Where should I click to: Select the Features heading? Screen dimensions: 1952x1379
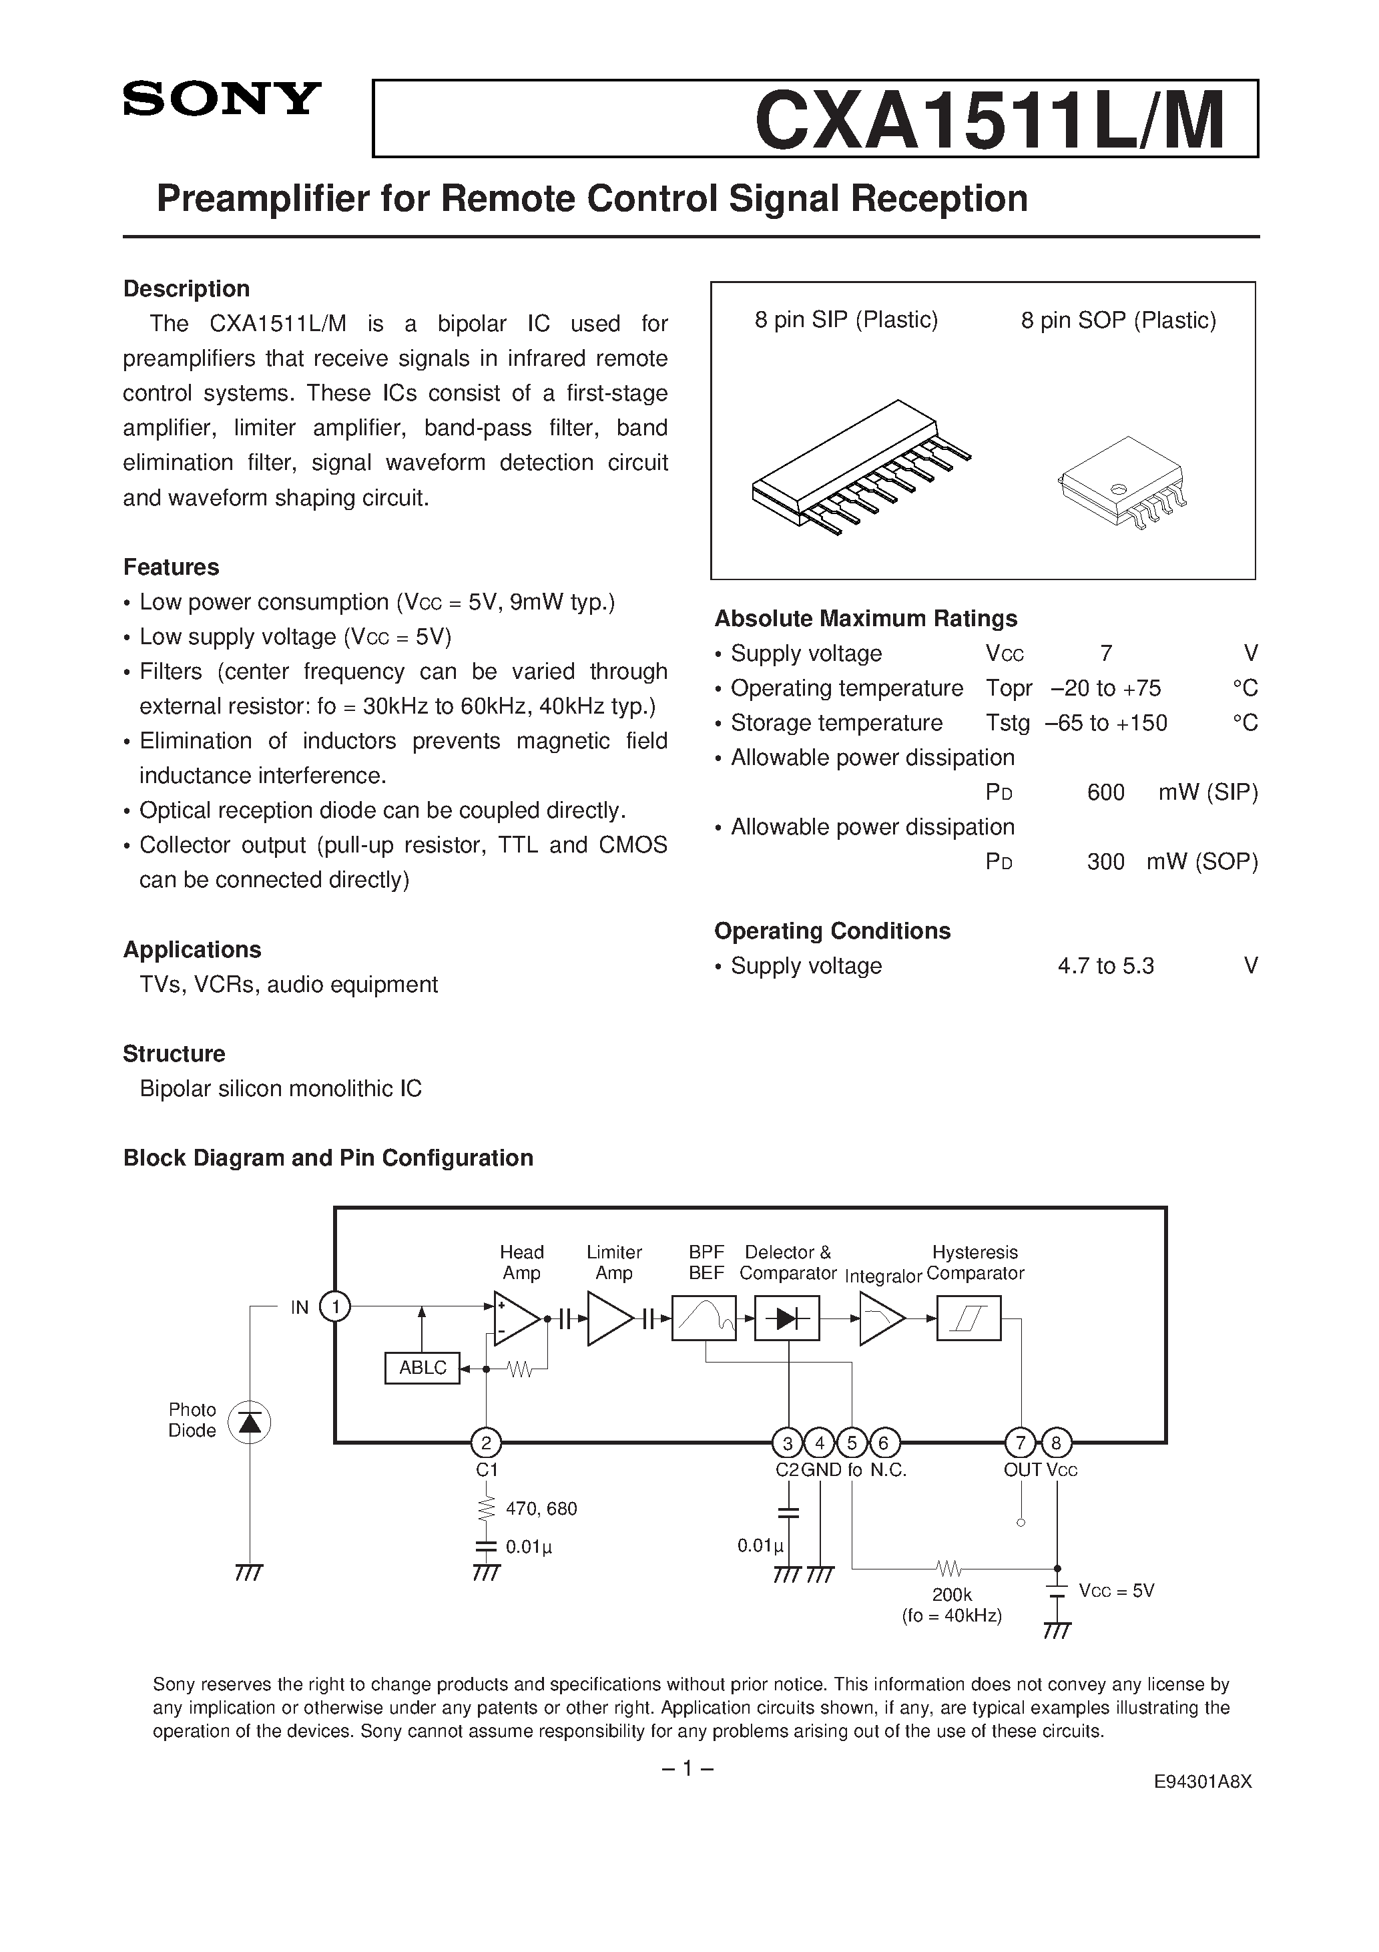click(171, 567)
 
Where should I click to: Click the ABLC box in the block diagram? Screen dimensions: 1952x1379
click(423, 1368)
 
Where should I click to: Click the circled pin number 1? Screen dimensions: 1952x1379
click(335, 1306)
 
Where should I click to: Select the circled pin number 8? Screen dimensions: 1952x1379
click(1056, 1443)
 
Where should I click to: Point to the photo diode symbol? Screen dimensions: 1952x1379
click(250, 1423)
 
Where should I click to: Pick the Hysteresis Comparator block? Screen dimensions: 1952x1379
click(969, 1318)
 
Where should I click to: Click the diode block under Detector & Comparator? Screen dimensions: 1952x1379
click(787, 1318)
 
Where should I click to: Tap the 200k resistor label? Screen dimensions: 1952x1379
click(951, 1595)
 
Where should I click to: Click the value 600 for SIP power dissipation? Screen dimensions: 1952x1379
click(1105, 792)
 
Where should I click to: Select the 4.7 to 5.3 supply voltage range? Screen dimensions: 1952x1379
click(1105, 966)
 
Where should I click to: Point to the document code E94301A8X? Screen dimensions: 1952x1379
click(1202, 1806)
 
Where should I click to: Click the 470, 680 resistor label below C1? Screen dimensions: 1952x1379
click(541, 1508)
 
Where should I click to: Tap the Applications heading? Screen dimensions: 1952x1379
click(192, 950)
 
